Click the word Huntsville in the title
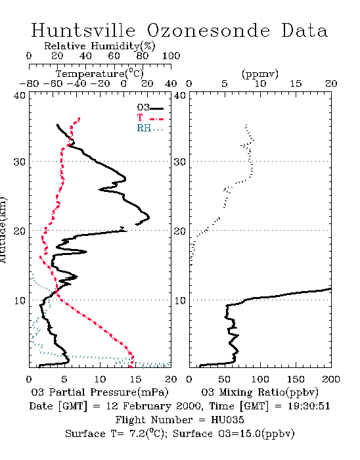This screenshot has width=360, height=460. click(x=83, y=30)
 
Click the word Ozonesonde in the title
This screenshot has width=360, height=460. click(x=208, y=30)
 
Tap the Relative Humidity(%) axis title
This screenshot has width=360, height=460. click(x=100, y=46)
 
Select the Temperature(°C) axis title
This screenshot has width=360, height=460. click(x=100, y=74)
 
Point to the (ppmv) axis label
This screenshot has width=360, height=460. click(x=260, y=74)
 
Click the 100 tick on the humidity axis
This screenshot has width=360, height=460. click(x=171, y=56)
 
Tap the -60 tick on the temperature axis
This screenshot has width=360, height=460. click(x=53, y=83)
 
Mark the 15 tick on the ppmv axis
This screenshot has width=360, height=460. click(x=296, y=83)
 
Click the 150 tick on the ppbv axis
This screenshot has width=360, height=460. click(x=296, y=379)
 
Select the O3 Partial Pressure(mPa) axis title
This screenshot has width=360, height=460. click(x=100, y=392)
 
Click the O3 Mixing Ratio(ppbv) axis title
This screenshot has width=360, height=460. click(x=259, y=392)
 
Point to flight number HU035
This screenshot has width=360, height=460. click(x=227, y=420)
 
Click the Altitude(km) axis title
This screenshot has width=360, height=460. click(x=3, y=230)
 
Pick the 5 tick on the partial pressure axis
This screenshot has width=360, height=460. click(x=64, y=379)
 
